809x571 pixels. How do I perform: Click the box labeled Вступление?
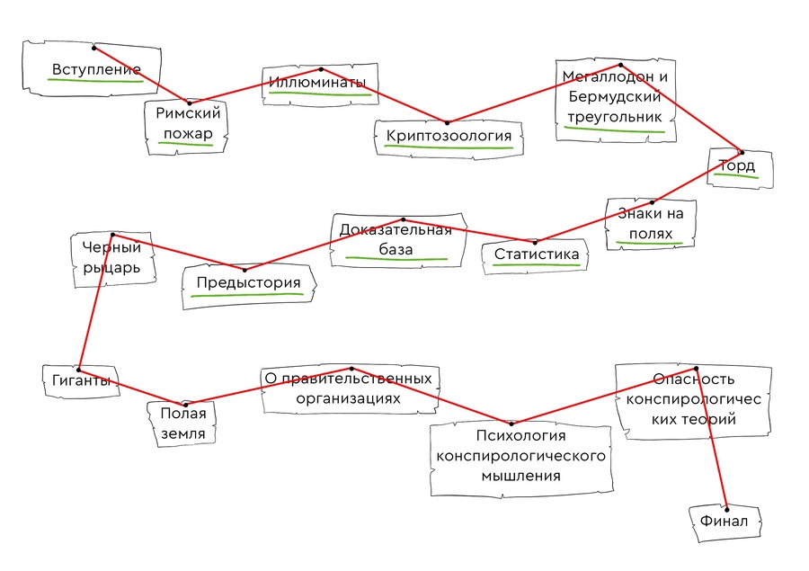[x=94, y=68]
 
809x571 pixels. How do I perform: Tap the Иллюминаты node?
[x=317, y=85]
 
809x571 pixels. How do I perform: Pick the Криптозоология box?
[x=449, y=137]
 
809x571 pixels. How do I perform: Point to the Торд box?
[x=736, y=167]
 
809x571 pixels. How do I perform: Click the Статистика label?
[x=536, y=255]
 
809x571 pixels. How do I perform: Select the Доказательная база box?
[x=396, y=239]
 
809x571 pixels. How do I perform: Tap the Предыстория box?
[x=248, y=285]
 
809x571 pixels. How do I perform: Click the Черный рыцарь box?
[x=111, y=257]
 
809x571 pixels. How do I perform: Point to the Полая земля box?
[x=183, y=424]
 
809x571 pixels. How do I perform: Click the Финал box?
[x=725, y=521]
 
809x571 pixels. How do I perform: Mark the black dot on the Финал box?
[x=725, y=508]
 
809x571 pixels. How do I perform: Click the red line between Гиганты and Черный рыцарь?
[x=94, y=306]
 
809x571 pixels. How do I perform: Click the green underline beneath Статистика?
[x=536, y=267]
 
